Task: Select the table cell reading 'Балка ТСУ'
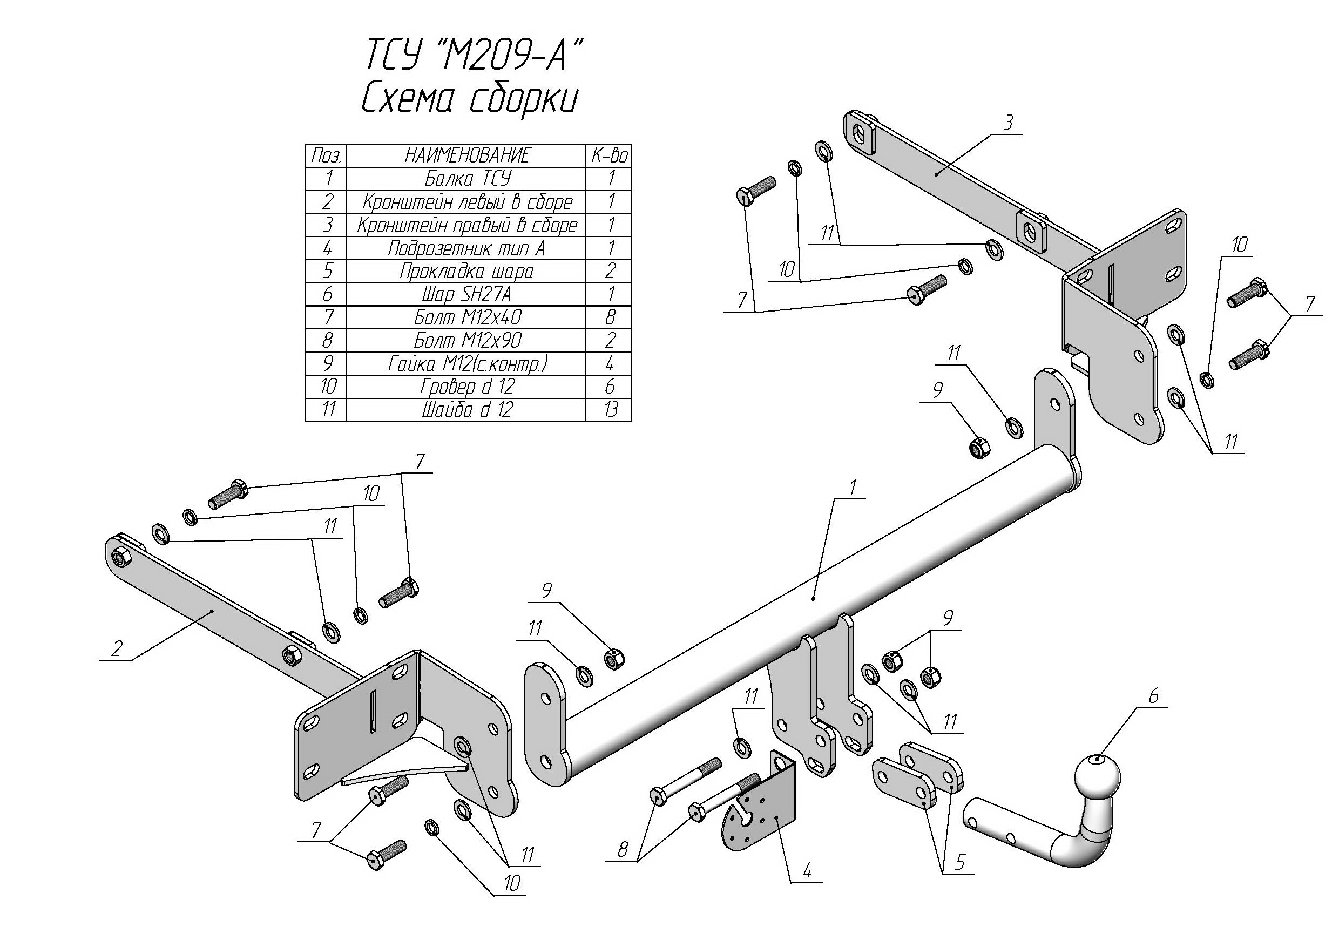point(466,178)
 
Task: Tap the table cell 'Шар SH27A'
point(466,294)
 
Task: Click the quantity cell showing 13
point(610,410)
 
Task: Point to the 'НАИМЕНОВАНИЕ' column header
point(466,155)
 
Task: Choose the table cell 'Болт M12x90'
point(466,340)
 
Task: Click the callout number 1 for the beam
point(853,487)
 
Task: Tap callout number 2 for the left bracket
point(117,648)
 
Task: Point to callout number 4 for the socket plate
point(807,871)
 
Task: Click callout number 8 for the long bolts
point(623,850)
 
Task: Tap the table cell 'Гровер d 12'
point(466,387)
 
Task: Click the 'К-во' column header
point(610,155)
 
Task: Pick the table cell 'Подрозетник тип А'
point(466,248)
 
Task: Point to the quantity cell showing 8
point(610,317)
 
